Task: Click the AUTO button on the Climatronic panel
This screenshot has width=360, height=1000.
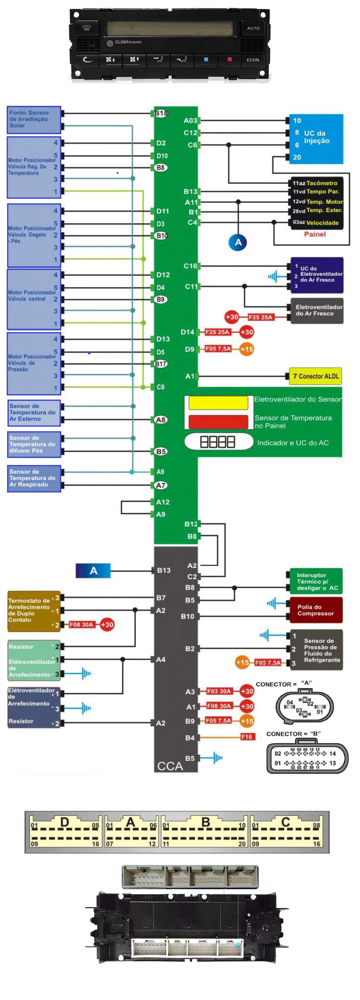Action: [253, 28]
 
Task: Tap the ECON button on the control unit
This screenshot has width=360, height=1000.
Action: [253, 60]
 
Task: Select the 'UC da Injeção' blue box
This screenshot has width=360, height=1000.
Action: [316, 139]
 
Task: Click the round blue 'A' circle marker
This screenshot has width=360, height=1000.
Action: [238, 242]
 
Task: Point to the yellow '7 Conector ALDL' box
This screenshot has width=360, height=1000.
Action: [316, 376]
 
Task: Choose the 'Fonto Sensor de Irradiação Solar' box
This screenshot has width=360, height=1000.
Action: [34, 120]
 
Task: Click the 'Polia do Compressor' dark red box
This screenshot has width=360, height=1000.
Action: [316, 610]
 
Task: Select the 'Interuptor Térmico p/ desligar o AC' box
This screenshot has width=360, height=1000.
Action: [316, 581]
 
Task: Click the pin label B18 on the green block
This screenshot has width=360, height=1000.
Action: [161, 113]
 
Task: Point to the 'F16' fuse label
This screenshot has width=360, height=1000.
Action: [247, 737]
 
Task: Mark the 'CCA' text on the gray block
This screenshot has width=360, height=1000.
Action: [170, 766]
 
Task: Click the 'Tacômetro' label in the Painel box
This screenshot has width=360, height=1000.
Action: [322, 183]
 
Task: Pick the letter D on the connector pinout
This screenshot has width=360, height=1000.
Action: [65, 822]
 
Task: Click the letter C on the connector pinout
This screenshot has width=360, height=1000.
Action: [285, 822]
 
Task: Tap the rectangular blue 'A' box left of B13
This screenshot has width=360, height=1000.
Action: [93, 571]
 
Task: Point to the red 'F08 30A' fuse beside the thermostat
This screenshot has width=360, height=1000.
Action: [81, 625]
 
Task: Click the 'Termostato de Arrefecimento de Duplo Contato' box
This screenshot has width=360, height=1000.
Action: [33, 610]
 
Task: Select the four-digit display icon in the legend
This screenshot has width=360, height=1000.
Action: [218, 442]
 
